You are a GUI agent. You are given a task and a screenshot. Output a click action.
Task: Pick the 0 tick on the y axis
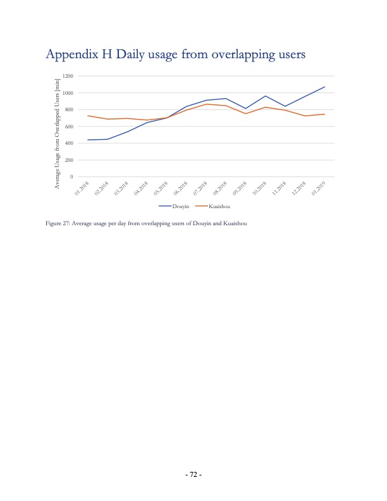(x=73, y=176)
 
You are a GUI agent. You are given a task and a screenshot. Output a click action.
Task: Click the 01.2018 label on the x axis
(x=82, y=188)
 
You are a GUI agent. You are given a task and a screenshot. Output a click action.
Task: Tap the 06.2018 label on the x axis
(x=181, y=188)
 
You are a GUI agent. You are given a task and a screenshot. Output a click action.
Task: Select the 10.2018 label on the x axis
(x=259, y=188)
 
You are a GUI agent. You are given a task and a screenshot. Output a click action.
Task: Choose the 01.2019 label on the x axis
(x=319, y=188)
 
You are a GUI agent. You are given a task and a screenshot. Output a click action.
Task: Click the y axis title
(x=57, y=133)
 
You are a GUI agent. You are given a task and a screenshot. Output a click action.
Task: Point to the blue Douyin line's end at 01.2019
(x=324, y=87)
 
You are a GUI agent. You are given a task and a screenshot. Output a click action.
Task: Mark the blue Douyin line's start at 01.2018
(x=87, y=140)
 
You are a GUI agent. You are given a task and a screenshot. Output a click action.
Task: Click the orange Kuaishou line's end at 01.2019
(x=324, y=114)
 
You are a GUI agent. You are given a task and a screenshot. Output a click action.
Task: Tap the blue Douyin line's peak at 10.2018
(x=266, y=96)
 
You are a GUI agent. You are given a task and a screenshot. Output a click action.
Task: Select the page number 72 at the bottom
(x=193, y=474)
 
